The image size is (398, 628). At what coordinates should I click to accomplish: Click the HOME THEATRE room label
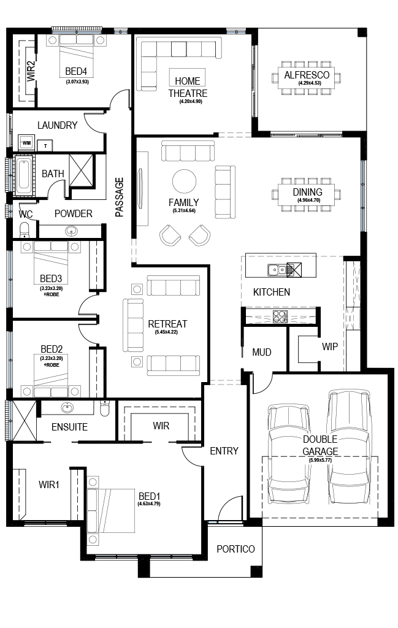(x=188, y=87)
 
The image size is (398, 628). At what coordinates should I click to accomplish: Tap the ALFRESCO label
(x=307, y=75)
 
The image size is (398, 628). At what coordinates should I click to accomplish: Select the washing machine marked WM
(x=26, y=142)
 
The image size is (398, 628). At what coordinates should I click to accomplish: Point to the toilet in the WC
(x=25, y=229)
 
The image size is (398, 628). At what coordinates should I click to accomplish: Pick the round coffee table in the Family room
(x=184, y=182)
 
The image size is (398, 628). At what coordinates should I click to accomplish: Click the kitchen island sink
(x=277, y=270)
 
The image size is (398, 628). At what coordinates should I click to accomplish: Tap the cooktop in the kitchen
(x=280, y=316)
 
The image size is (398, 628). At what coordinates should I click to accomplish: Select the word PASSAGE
(x=120, y=197)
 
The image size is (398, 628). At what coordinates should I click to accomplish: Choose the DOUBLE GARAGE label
(x=320, y=445)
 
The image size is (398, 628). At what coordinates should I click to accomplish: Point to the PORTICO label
(x=235, y=549)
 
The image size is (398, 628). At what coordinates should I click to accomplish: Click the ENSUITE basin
(x=67, y=408)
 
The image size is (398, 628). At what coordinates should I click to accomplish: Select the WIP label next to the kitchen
(x=329, y=347)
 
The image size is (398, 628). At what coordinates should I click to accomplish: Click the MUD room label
(x=262, y=352)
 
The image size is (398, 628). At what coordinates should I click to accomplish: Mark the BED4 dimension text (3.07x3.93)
(x=77, y=82)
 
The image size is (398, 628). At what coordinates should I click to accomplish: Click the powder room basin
(x=71, y=231)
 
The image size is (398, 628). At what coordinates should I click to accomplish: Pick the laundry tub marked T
(x=45, y=145)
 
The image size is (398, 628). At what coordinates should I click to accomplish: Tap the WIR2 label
(x=31, y=71)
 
